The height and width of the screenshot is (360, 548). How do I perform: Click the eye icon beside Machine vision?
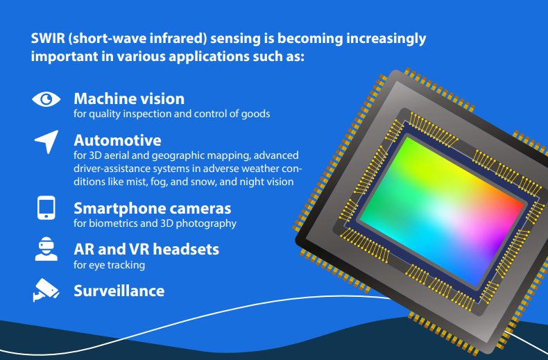(x=46, y=99)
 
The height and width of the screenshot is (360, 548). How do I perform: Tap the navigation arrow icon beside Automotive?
(x=47, y=142)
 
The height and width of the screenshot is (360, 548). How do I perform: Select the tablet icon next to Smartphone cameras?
(x=46, y=207)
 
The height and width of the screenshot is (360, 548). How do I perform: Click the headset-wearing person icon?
(x=46, y=249)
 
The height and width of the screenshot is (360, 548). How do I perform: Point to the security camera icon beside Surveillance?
(x=46, y=290)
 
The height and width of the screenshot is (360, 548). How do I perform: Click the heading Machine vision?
(x=129, y=99)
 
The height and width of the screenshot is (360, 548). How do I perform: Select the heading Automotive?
(x=117, y=141)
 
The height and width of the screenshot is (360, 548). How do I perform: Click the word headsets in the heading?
(x=186, y=250)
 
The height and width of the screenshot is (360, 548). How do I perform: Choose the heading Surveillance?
(x=119, y=291)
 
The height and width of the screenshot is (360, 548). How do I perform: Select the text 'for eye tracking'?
(x=109, y=265)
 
